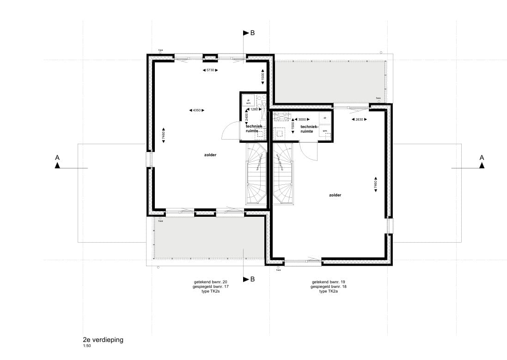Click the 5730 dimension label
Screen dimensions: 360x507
point(210,70)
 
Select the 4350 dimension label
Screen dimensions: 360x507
point(197,110)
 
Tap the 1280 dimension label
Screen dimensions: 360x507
point(254,110)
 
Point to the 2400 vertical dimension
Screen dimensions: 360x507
point(246,118)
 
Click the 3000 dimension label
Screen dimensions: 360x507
point(302,119)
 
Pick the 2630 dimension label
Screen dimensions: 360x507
point(355,119)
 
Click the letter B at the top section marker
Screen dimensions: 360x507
point(252,33)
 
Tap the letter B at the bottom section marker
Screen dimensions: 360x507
point(252,279)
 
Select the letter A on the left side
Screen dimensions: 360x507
point(57,158)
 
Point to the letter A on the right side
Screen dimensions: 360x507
point(482,158)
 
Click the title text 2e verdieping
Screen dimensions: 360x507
point(103,340)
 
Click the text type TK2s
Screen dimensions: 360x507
point(211,292)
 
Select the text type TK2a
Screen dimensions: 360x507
point(329,292)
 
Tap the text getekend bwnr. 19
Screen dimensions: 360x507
point(329,281)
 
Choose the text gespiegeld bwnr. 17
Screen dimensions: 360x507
point(211,287)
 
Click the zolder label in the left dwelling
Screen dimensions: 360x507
point(210,155)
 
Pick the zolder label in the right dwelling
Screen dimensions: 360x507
point(335,195)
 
